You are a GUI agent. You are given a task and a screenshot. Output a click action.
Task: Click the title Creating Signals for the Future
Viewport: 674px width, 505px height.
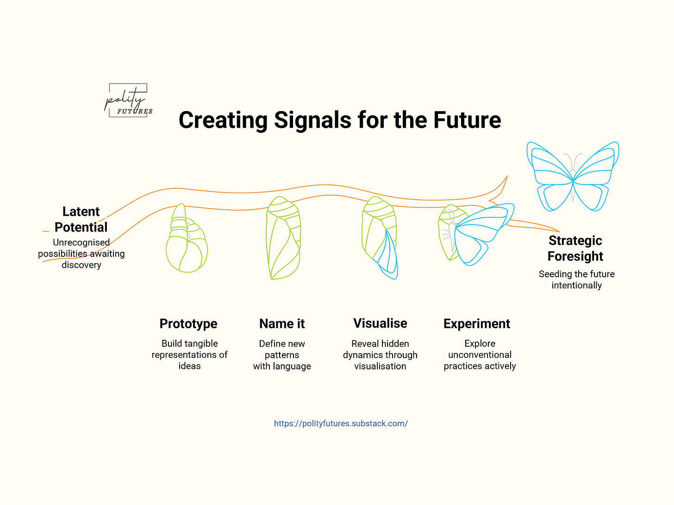(x=340, y=120)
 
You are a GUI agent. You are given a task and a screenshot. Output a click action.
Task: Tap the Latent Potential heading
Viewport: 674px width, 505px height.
(x=81, y=219)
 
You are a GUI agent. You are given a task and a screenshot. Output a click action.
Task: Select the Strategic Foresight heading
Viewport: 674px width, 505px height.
(x=575, y=248)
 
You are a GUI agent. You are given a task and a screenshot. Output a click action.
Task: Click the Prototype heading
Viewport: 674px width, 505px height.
(x=188, y=324)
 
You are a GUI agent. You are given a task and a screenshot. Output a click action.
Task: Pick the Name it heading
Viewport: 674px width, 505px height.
(x=282, y=324)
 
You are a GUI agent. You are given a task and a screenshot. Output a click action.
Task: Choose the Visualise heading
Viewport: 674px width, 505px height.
(x=380, y=323)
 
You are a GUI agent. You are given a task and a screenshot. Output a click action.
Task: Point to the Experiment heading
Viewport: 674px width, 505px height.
(x=477, y=324)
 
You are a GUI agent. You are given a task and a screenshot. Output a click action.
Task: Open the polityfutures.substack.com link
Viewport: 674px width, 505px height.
(x=341, y=424)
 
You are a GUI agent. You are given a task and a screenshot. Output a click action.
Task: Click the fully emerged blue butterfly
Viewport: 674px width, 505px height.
(x=573, y=176)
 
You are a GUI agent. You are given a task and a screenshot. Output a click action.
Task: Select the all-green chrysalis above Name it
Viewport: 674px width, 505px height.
(x=283, y=238)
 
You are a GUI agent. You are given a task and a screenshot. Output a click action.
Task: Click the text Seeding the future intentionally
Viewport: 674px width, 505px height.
(x=576, y=280)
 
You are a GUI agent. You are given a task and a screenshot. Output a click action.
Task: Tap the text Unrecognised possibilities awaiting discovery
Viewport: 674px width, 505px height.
(x=81, y=254)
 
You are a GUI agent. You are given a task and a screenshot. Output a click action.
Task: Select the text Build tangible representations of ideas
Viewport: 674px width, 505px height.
(x=189, y=355)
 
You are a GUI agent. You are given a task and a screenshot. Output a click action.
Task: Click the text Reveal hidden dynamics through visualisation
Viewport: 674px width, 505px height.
(x=380, y=355)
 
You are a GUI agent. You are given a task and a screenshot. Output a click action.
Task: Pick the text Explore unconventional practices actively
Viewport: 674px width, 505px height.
(x=480, y=355)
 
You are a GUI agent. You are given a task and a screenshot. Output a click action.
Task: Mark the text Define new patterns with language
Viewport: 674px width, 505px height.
(x=282, y=355)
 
